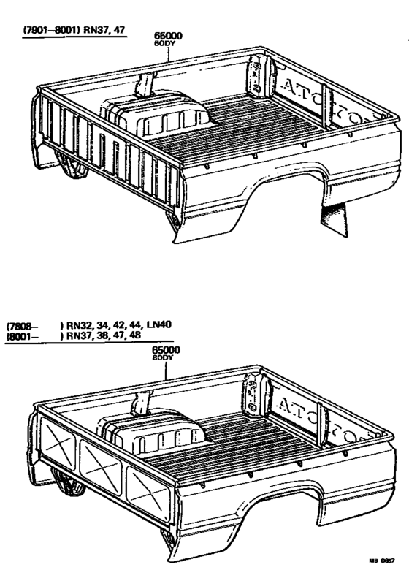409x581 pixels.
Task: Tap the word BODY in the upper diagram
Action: [164, 44]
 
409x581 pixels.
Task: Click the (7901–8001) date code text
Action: [53, 31]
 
